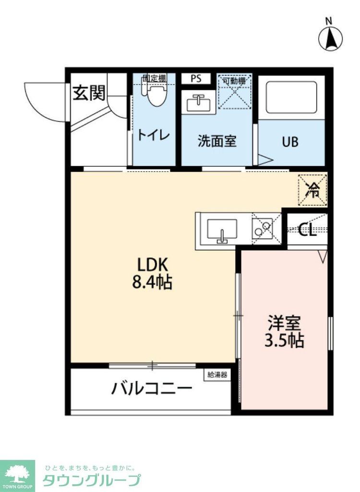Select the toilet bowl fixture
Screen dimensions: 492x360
(154, 95)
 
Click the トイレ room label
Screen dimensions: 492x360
(154, 135)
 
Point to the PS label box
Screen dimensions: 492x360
(195, 79)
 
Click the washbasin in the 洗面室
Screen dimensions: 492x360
(198, 103)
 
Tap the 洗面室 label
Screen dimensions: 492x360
(217, 141)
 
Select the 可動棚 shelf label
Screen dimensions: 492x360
(234, 81)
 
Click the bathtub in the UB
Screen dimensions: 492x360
(292, 98)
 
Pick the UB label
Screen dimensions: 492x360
(290, 142)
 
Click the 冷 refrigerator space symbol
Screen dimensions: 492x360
(312, 190)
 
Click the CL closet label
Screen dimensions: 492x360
(307, 230)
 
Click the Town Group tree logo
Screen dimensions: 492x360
(17, 475)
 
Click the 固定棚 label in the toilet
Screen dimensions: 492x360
(154, 78)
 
